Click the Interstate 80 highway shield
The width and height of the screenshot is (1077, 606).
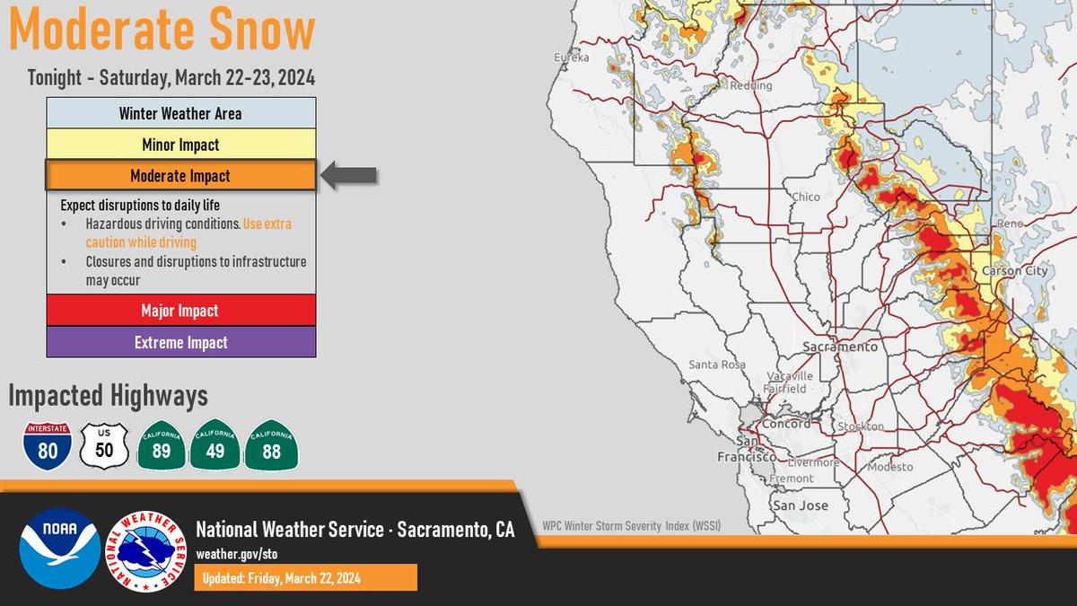tap(48, 446)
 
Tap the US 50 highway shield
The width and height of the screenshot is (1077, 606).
tap(104, 446)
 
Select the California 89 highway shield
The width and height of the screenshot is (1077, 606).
tap(162, 445)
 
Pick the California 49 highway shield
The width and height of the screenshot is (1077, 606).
tap(215, 445)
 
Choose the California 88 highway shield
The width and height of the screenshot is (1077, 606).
tap(272, 445)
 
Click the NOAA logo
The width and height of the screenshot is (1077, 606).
tap(60, 549)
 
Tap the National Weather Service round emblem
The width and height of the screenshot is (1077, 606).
tap(145, 551)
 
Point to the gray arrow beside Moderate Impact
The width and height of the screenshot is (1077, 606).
tap(348, 176)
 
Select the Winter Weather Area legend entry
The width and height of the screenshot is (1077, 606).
tap(181, 113)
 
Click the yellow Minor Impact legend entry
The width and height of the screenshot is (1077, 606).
tap(181, 145)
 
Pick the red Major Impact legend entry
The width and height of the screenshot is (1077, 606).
tap(181, 311)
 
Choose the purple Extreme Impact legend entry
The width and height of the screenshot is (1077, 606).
tap(181, 342)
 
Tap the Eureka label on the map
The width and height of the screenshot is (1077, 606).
tap(571, 57)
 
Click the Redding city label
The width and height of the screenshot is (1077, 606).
tap(751, 85)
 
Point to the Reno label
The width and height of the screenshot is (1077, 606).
tap(1010, 224)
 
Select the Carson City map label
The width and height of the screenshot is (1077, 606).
tap(1014, 271)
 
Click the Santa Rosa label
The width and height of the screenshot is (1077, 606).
tap(717, 364)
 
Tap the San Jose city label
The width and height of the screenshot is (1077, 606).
tap(801, 505)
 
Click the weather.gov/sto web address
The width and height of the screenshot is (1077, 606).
tap(237, 554)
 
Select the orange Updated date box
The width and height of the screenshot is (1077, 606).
tap(306, 577)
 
